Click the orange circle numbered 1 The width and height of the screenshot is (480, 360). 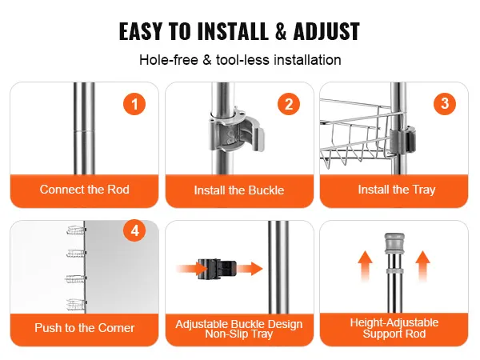134,104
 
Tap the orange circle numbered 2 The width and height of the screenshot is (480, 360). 289,104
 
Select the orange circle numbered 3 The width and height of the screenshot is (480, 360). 445,104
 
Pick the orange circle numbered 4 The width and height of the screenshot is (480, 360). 134,230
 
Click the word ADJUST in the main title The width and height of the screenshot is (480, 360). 326,31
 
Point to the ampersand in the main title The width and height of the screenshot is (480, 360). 281,31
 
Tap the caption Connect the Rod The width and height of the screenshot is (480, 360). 85,190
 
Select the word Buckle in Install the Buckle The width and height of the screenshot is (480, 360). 266,190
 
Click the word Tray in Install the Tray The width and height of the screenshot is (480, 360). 424,190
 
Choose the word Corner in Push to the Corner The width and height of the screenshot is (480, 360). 117,328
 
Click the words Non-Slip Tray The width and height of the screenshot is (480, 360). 238,334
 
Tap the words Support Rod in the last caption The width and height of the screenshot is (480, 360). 394,334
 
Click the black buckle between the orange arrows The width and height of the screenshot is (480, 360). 217,269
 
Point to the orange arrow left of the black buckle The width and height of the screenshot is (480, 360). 191,269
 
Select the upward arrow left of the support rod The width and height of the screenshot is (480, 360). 366,266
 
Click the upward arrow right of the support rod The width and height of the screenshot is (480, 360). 422,266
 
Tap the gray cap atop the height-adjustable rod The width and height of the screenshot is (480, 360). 394,243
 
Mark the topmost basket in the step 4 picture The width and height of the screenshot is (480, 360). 76,230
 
